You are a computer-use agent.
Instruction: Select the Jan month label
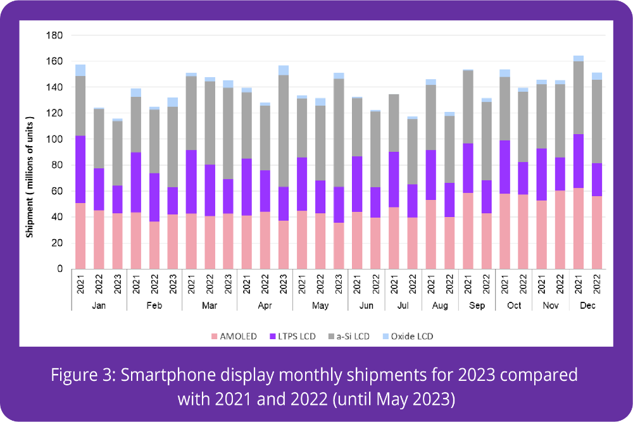pyautogui.click(x=99, y=306)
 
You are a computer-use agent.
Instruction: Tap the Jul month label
pyautogui.click(x=403, y=306)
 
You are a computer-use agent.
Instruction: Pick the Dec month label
pyautogui.click(x=587, y=306)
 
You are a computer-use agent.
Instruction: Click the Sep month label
pyautogui.click(x=477, y=306)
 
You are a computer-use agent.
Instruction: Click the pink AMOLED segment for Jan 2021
pyautogui.click(x=80, y=235)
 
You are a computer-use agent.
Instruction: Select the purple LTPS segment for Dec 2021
pyautogui.click(x=578, y=161)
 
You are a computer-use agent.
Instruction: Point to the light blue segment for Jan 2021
pyautogui.click(x=80, y=70)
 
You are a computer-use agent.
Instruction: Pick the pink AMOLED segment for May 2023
pyautogui.click(x=339, y=245)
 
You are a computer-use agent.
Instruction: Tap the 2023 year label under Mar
pyautogui.click(x=228, y=285)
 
